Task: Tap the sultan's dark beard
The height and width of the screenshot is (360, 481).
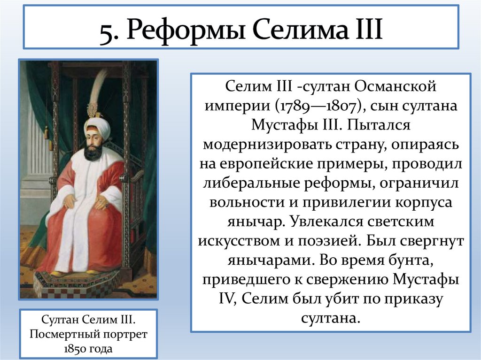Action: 93,151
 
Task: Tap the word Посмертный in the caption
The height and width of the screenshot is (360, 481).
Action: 64,335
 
